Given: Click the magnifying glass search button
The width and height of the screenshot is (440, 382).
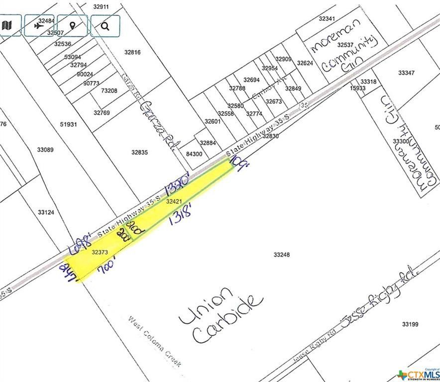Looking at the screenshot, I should (x=105, y=25).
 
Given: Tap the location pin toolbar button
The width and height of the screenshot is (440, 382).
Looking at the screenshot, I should (x=72, y=25).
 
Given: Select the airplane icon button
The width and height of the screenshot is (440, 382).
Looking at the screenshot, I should (x=39, y=25).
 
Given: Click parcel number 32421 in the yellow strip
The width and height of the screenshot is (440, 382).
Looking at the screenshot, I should (x=173, y=201).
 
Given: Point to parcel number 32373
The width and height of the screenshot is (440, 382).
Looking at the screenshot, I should (x=100, y=252).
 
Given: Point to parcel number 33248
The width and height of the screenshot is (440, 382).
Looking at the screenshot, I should (x=282, y=255).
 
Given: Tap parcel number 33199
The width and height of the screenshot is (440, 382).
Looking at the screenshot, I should (x=410, y=324).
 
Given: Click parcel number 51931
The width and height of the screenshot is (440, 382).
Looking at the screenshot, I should (x=68, y=124).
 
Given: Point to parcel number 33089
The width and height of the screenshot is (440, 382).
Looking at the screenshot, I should (x=45, y=150).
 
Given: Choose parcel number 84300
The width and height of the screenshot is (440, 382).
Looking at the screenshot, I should (x=194, y=154).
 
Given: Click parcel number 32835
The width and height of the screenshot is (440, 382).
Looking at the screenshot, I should (x=139, y=152).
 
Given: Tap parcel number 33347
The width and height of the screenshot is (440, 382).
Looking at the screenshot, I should (x=406, y=73).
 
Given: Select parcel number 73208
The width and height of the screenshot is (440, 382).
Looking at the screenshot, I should (x=109, y=91).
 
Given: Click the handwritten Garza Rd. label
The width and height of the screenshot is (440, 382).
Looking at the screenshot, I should (x=158, y=124).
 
